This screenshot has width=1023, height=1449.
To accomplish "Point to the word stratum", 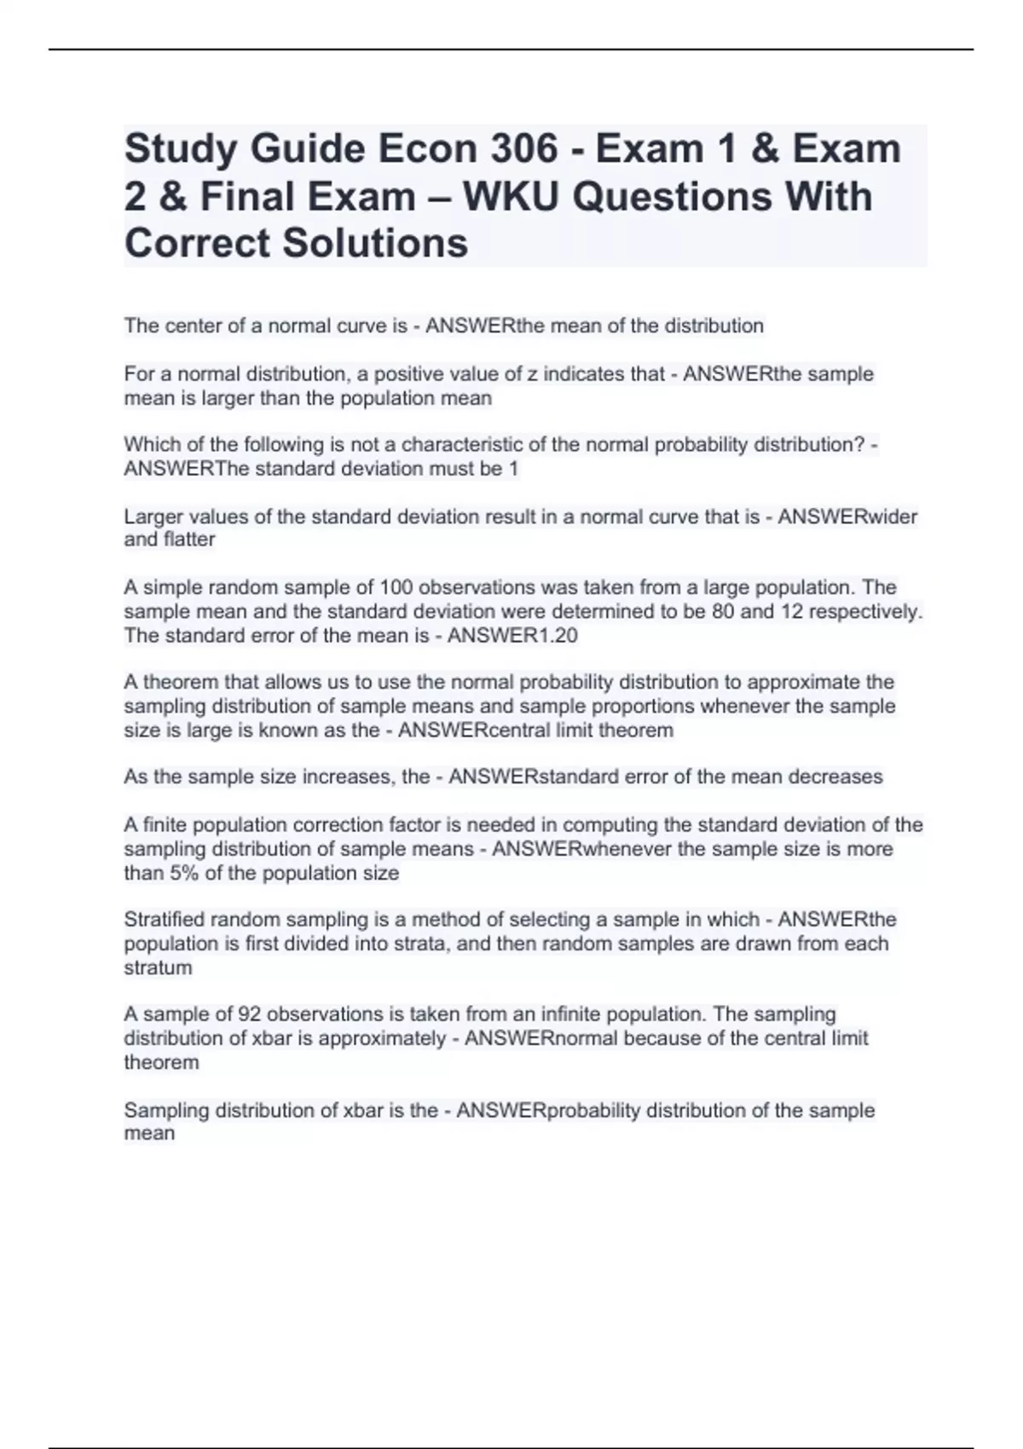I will (158, 967).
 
